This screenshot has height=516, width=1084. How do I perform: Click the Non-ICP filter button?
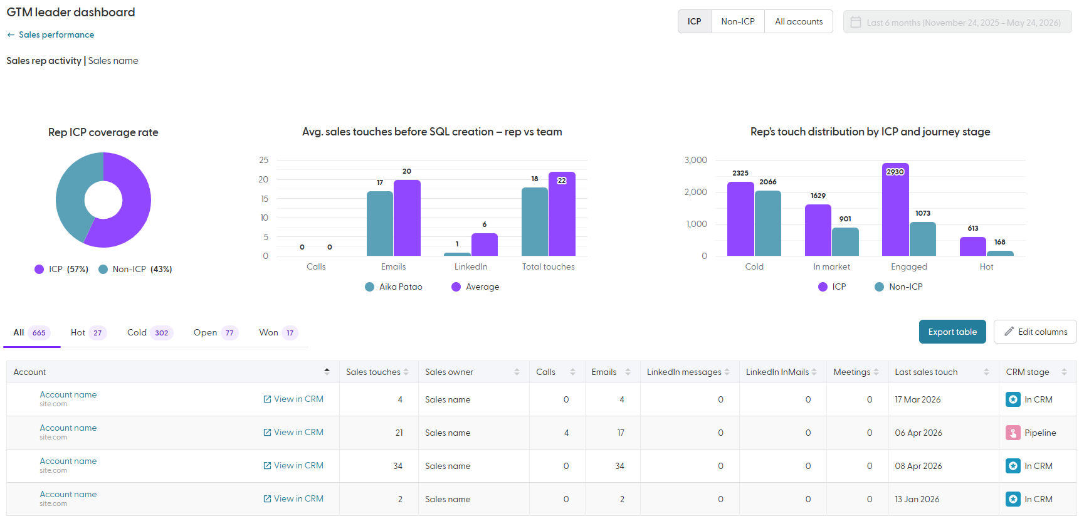pyautogui.click(x=738, y=21)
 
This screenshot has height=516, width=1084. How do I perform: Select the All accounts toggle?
pyautogui.click(x=799, y=21)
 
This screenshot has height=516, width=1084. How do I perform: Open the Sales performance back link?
pyautogui.click(x=51, y=35)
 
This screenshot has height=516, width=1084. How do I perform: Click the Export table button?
pyautogui.click(x=952, y=332)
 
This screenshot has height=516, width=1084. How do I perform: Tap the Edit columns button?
pyautogui.click(x=1035, y=332)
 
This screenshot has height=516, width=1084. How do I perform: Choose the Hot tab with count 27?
pyautogui.click(x=88, y=333)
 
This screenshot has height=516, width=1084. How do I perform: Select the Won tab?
pyautogui.click(x=278, y=333)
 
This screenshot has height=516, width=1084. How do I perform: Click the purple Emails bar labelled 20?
pyautogui.click(x=407, y=218)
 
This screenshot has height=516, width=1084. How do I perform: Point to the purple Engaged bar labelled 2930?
pyautogui.click(x=895, y=209)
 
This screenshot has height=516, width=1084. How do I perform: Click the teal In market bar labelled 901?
pyautogui.click(x=845, y=241)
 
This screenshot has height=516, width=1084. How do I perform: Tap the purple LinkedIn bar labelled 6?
pyautogui.click(x=485, y=245)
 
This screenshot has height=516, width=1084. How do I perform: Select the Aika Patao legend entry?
pyautogui.click(x=394, y=287)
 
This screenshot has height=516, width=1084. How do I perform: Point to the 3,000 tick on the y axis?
pyautogui.click(x=695, y=160)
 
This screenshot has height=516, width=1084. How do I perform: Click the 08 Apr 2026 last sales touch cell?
pyautogui.click(x=918, y=466)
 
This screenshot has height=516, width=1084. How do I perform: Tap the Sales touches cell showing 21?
pyautogui.click(x=399, y=433)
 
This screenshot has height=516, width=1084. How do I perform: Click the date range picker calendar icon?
pyautogui.click(x=856, y=23)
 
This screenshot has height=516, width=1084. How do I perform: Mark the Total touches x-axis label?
pyautogui.click(x=549, y=266)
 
